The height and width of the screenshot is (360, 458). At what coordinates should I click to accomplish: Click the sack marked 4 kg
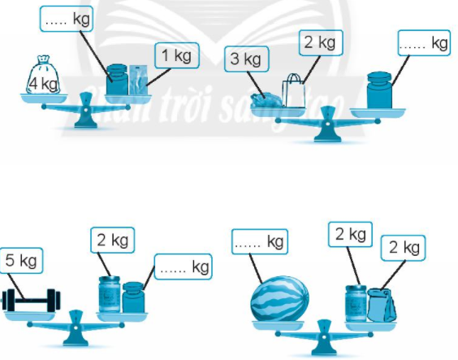pyautogui.click(x=43, y=76)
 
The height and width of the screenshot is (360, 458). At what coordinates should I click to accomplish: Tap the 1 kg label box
pyautogui.click(x=177, y=55)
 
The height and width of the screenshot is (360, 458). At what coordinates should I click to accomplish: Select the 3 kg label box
pyautogui.click(x=247, y=59)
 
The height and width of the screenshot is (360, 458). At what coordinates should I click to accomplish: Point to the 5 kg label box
pyautogui.click(x=21, y=261)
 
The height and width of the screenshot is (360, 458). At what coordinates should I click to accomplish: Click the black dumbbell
pyautogui.click(x=31, y=300)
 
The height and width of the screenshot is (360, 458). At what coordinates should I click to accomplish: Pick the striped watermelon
pyautogui.click(x=280, y=298)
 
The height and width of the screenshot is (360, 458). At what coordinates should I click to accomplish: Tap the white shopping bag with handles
pyautogui.click(x=293, y=91)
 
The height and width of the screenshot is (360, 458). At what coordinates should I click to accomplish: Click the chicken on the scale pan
pyautogui.click(x=266, y=100)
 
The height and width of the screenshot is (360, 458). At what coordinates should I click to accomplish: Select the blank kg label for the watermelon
pyautogui.click(x=260, y=241)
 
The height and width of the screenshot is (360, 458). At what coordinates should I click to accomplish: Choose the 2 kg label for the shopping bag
pyautogui.click(x=321, y=42)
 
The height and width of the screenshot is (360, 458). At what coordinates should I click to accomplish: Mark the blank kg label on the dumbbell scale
pyautogui.click(x=184, y=267)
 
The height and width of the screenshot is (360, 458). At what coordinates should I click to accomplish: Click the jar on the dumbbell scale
pyautogui.click(x=110, y=294)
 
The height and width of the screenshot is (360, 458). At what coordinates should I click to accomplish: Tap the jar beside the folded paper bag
pyautogui.click(x=356, y=304)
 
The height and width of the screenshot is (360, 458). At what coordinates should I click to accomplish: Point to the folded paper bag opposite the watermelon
pyautogui.click(x=382, y=305)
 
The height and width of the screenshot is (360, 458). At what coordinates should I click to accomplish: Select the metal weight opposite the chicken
pyautogui.click(x=379, y=90)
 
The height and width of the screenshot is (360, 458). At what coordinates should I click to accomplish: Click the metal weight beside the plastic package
pyautogui.click(x=117, y=80)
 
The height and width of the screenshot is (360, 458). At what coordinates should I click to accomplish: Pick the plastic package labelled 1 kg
pyautogui.click(x=138, y=80)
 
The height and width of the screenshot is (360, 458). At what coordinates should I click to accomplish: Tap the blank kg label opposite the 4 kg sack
pyautogui.click(x=67, y=19)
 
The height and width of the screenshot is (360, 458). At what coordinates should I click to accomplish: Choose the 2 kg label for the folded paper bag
pyautogui.click(x=404, y=248)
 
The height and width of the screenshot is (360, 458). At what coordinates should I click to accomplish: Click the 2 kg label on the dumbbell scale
pyautogui.click(x=113, y=241)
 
